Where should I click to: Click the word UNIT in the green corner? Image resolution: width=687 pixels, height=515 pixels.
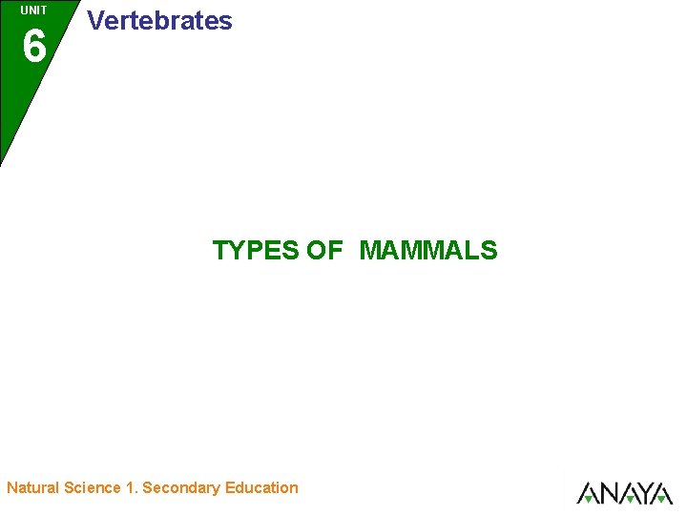coord(33,10)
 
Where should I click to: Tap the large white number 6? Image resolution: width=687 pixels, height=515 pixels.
coord(33,46)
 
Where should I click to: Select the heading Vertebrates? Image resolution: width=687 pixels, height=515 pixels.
coord(159,21)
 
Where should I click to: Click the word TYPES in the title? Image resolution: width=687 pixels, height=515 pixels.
coord(255,251)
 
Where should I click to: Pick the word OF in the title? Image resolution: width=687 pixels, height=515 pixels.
coord(324,251)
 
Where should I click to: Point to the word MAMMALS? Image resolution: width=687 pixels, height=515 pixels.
coord(428,251)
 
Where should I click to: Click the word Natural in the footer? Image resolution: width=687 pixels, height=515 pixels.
coord(33,488)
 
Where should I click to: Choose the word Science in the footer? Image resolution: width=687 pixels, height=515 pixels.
coord(93,488)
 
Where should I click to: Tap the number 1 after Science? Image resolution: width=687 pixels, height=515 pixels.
coord(130,488)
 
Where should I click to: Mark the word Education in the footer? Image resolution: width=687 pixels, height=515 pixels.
coord(261,488)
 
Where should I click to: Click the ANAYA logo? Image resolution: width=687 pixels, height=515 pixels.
coord(625,493)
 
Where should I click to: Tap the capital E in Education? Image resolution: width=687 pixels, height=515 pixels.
coord(230,488)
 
